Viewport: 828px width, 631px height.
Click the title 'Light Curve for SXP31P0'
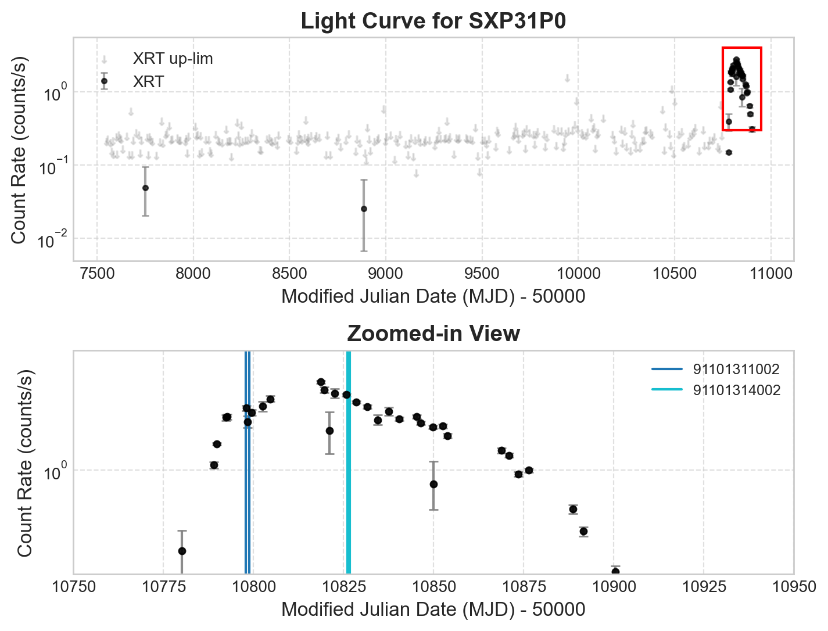[433, 21]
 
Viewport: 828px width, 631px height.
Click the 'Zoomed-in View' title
[433, 334]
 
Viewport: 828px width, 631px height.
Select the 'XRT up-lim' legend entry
[173, 59]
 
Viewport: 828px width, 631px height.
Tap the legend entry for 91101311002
[736, 370]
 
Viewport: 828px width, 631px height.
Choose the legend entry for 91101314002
[736, 390]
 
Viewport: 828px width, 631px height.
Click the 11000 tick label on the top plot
[771, 273]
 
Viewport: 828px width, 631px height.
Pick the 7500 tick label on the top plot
[96, 273]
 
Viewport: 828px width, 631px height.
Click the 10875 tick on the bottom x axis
[524, 587]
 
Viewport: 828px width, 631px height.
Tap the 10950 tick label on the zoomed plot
[794, 587]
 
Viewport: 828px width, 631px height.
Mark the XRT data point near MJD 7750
[145, 188]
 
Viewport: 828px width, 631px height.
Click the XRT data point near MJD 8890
[364, 209]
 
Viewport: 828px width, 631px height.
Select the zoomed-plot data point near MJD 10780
[182, 551]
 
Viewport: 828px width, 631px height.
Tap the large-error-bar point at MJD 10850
[433, 484]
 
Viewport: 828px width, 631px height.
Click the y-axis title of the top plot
[19, 150]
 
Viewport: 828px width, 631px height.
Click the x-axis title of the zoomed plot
[433, 610]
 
